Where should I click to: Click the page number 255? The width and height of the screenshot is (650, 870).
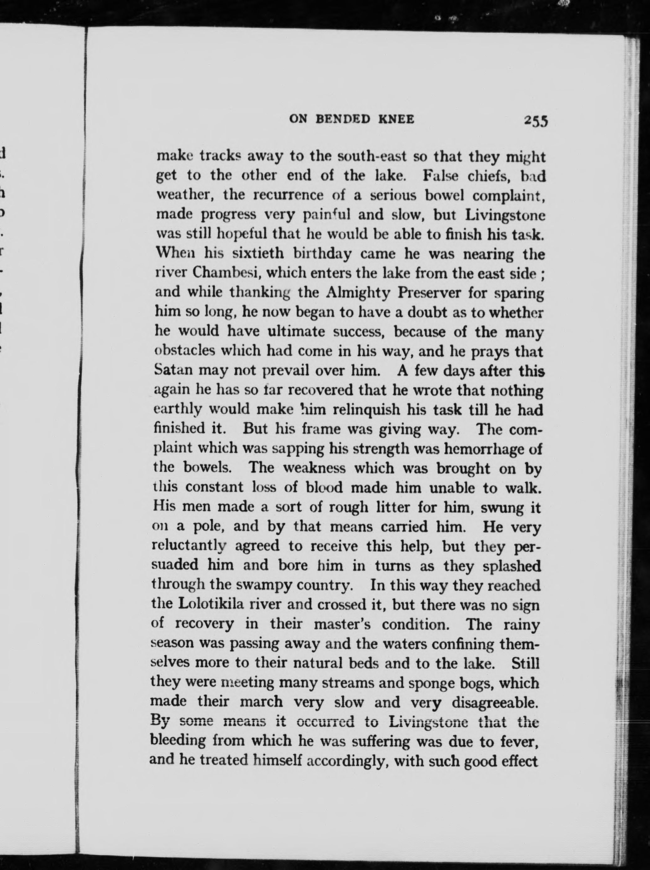click(x=535, y=120)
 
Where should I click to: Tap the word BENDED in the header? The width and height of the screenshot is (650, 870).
click(x=343, y=119)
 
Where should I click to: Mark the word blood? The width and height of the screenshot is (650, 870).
click(x=325, y=487)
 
